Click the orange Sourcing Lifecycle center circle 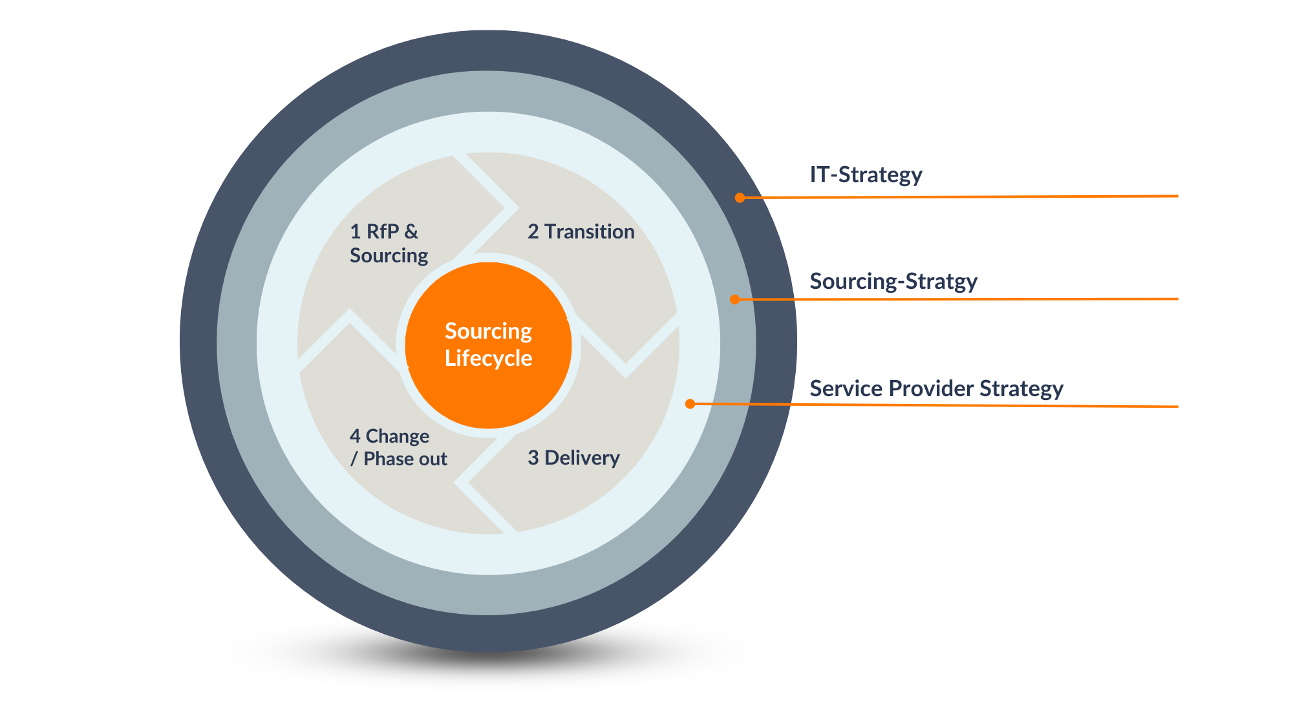[488, 345]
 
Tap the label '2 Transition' [581, 231]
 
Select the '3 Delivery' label [573, 458]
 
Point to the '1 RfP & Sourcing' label [389, 243]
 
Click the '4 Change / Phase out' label [398, 447]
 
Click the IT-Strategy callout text [866, 174]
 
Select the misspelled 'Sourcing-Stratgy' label [893, 282]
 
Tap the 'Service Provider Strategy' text [936, 388]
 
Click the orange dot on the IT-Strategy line [740, 198]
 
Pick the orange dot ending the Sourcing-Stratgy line [734, 300]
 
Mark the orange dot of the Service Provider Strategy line [690, 404]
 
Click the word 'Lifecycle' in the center [488, 358]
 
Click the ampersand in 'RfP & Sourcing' [411, 231]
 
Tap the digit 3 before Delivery [533, 458]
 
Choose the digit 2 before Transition [533, 231]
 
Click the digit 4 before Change [355, 436]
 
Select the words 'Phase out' [405, 459]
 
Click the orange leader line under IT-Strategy [959, 196]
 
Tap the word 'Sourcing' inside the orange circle [488, 332]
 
